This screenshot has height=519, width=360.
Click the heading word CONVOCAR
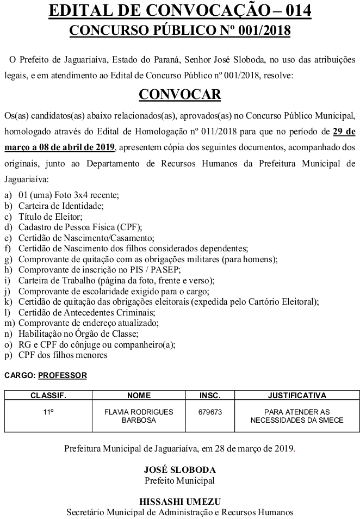180,94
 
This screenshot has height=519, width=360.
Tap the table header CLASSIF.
48,396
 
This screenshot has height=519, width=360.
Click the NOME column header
139,396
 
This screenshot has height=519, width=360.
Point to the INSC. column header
210,396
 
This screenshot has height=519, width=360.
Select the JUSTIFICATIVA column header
297,396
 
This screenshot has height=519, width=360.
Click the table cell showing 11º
48,412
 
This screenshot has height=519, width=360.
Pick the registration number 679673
210,412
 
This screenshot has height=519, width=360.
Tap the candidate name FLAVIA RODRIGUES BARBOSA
139,416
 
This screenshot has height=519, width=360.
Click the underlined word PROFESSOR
63,375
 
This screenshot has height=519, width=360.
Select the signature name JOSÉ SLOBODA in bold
179,469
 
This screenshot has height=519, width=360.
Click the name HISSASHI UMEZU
179,502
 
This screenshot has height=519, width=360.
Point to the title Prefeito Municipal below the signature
179,480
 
